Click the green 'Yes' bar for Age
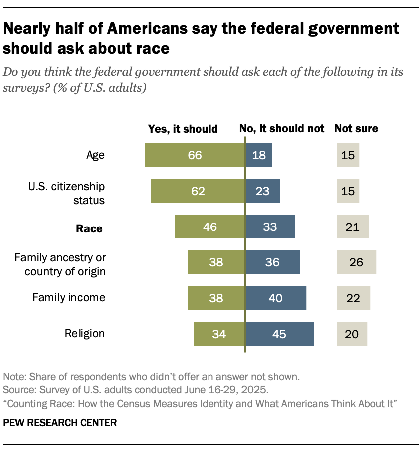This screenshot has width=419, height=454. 195,155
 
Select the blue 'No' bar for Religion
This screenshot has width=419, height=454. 279,334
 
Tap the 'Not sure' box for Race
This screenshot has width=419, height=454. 352,227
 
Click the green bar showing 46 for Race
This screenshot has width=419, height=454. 210,227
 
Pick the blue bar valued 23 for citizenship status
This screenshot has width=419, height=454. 263,191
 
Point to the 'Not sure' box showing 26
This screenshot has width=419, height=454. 356,262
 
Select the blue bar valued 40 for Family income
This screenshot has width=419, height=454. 275,298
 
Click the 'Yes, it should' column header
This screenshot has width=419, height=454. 183,129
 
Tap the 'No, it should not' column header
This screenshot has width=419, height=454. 282,129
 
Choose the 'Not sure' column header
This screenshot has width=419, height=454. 356,129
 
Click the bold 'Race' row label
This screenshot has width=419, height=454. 89,229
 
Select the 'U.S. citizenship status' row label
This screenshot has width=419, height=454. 73,193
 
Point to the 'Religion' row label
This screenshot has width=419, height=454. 85,333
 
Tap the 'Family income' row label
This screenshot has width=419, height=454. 69,298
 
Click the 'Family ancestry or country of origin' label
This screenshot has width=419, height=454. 60,264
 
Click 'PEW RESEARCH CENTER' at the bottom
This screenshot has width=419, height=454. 60,423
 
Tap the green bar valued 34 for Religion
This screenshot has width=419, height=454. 219,334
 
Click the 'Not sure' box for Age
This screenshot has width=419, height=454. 348,155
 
